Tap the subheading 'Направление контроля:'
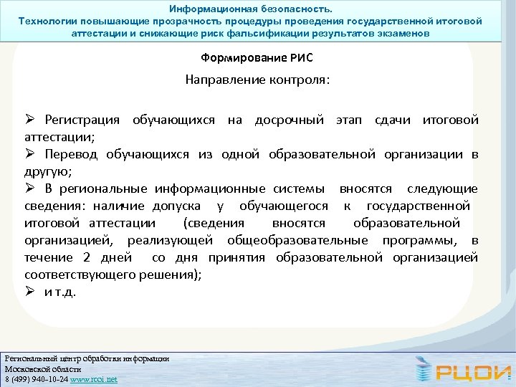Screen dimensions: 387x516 click(x=258, y=80)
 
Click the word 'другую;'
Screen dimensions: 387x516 click(x=47, y=171)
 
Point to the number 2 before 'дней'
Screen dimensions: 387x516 click(x=87, y=257)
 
